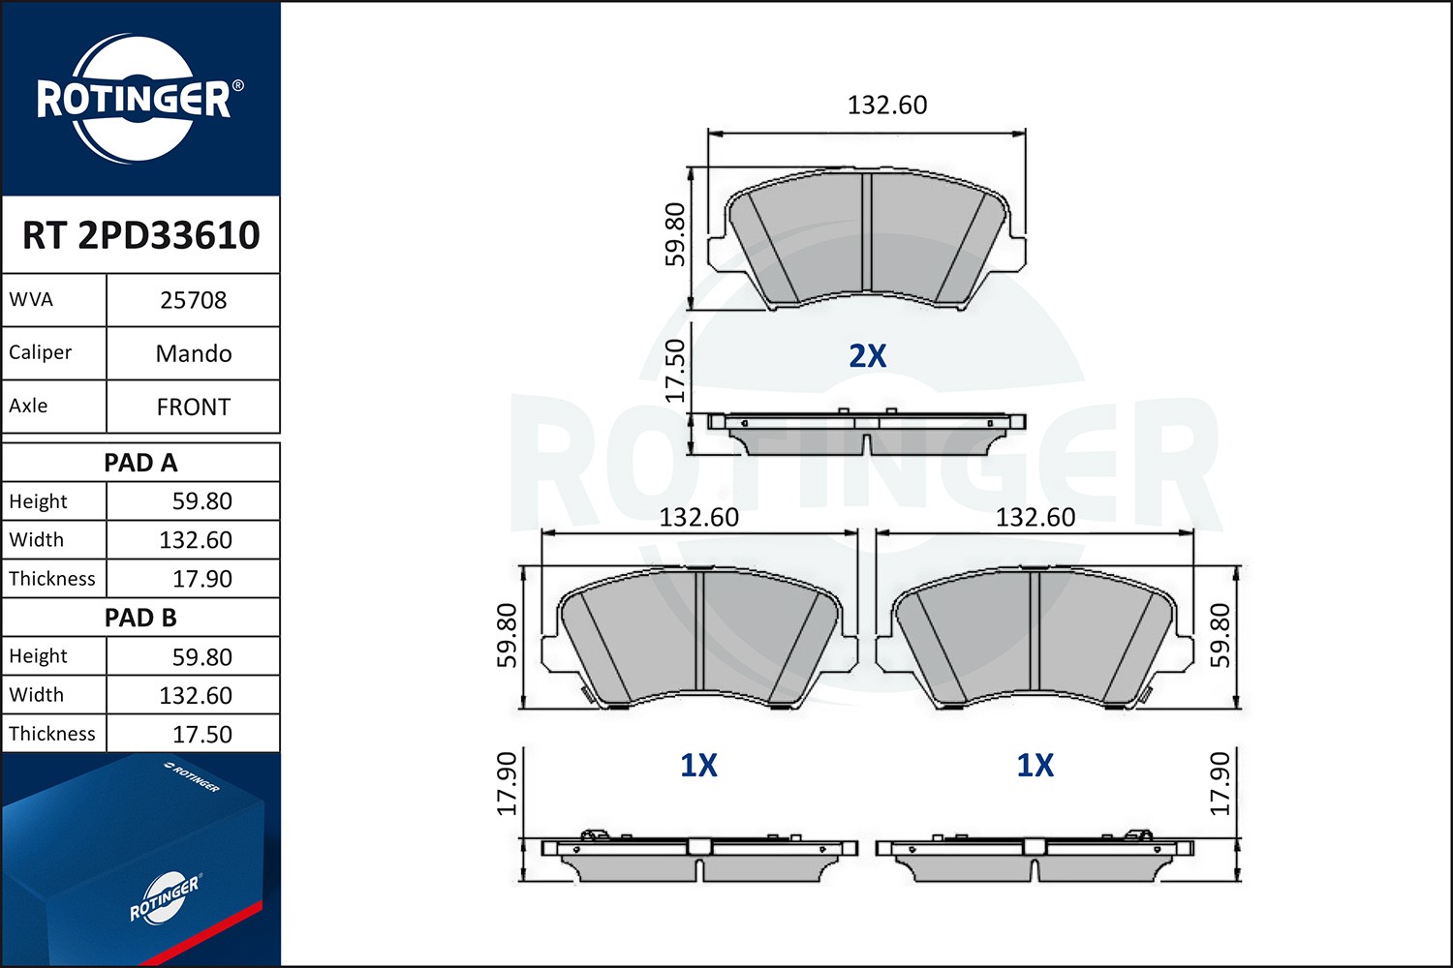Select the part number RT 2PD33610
[141, 235]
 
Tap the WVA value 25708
[193, 300]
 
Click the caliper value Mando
[193, 353]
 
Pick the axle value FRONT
[193, 408]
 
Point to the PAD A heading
[140, 463]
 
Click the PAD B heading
[140, 618]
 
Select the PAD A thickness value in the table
[201, 579]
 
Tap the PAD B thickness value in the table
[201, 735]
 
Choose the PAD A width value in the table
[195, 540]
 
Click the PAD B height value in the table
[201, 657]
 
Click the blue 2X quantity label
[867, 356]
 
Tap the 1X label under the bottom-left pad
[698, 766]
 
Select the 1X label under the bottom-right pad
[1035, 766]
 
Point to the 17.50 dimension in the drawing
[675, 371]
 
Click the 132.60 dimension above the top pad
[886, 105]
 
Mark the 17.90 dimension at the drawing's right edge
[1220, 784]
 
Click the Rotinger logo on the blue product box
[164, 897]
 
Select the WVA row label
[31, 299]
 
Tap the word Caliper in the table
[40, 352]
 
